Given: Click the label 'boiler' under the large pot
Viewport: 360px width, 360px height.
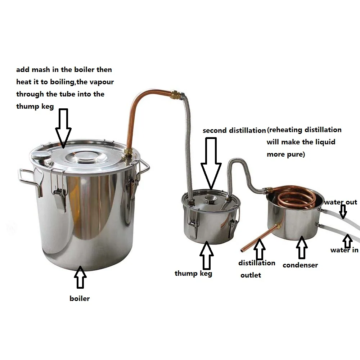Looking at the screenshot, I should pyautogui.click(x=80, y=298).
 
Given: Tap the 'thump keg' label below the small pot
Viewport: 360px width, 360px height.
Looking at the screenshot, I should pyautogui.click(x=193, y=273).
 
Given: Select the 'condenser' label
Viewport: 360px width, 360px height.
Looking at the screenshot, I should pyautogui.click(x=300, y=265).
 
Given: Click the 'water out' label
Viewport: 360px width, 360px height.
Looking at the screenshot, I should pyautogui.click(x=340, y=202).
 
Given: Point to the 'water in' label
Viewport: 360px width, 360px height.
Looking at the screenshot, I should pyautogui.click(x=344, y=250).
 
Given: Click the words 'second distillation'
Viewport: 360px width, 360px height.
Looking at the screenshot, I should pyautogui.click(x=234, y=130).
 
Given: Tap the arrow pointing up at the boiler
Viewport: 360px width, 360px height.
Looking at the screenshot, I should pyautogui.click(x=80, y=278).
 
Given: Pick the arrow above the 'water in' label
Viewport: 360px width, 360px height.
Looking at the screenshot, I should pyautogui.click(x=347, y=240).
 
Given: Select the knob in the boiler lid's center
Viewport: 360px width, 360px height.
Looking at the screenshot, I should pyautogui.click(x=85, y=156).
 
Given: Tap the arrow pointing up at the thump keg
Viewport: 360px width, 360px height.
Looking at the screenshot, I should pyautogui.click(x=207, y=255).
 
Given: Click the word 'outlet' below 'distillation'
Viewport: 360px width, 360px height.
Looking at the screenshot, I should pyautogui.click(x=251, y=275).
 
